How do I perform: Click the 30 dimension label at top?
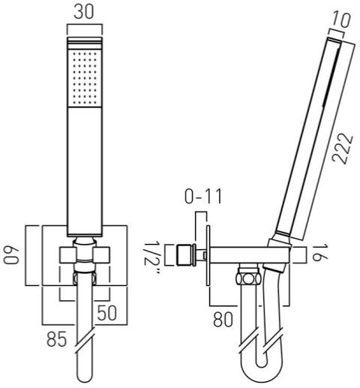pos(84,12)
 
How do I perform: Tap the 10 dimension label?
pos(341,20)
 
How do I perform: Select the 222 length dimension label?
pos(343,149)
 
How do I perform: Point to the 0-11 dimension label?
pos(203,197)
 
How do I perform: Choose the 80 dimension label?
pos(223,320)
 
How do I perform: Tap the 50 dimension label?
pos(107,313)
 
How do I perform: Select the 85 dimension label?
pos(57,339)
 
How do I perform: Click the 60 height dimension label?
pos(11,255)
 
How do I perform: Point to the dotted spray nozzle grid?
pos(85,78)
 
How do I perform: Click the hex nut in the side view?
pos(248,278)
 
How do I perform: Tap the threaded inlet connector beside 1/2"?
pos(186,255)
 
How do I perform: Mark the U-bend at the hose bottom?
pos(261,371)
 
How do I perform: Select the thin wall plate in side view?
pos(208,255)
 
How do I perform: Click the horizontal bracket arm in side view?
pos(249,255)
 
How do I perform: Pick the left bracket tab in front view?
pos(67,255)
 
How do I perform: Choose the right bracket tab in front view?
pos(102,255)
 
